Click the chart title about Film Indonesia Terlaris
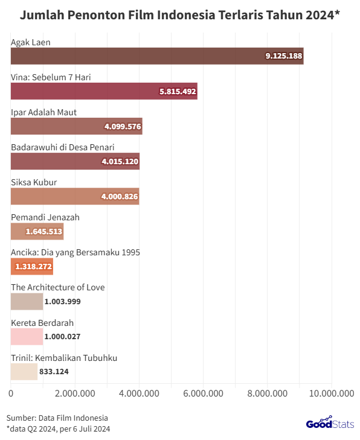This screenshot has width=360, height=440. pos(179,16)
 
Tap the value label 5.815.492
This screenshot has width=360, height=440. pos(176,91)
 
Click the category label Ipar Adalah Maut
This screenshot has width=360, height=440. pos(43,112)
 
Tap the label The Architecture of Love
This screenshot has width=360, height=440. pos(57,287)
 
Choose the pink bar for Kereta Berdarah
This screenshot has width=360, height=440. pos(27,336)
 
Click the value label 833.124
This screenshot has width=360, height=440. pos(54,372)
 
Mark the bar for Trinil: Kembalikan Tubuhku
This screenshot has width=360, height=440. pos(24,371)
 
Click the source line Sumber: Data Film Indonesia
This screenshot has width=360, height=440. pos(57,418)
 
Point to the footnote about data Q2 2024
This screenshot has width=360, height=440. pos(58,429)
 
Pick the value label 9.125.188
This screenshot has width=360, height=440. pos(283,56)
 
